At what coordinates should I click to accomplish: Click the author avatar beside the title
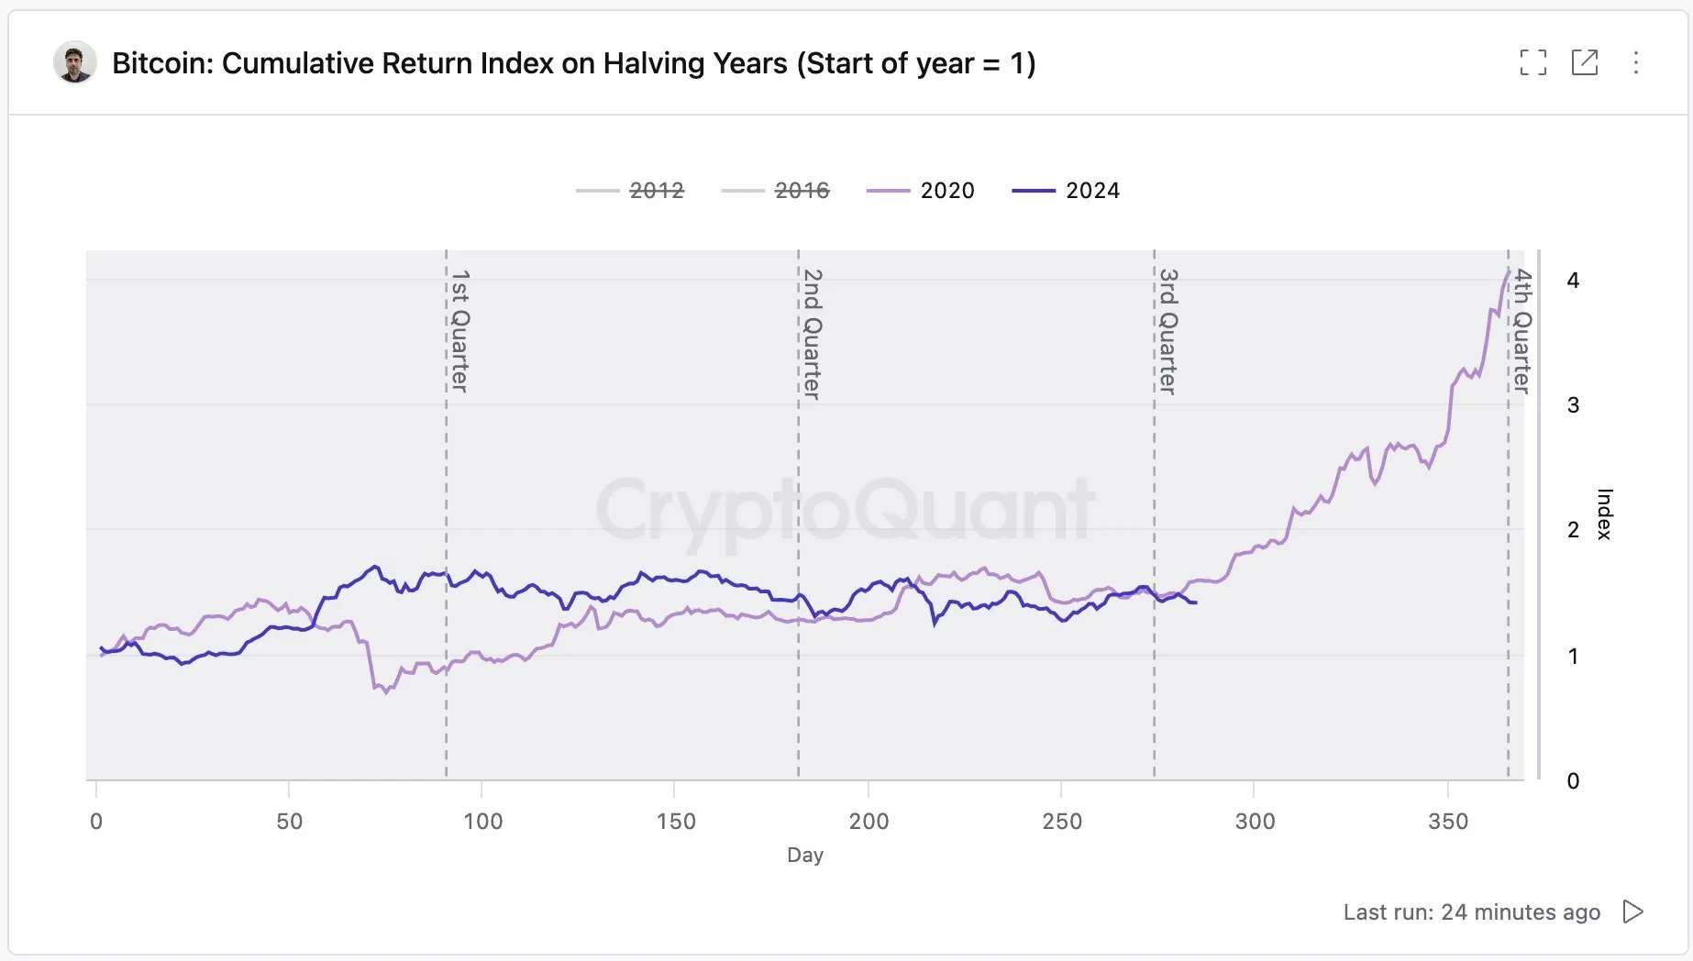click(x=75, y=62)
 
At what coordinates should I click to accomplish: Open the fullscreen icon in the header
click(x=1533, y=62)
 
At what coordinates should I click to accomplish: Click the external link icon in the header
click(x=1584, y=62)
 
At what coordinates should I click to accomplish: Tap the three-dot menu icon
click(x=1635, y=62)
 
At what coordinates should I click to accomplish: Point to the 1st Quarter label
click(x=460, y=330)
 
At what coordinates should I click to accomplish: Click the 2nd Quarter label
click(x=813, y=334)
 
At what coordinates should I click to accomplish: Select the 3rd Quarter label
click(x=1167, y=331)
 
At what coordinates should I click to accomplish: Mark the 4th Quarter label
click(x=1521, y=331)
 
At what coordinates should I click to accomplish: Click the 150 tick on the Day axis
click(x=676, y=822)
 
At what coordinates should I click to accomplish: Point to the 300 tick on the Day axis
click(x=1255, y=822)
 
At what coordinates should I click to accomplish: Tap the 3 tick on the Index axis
click(x=1573, y=405)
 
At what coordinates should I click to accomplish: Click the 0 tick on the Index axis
click(x=1573, y=781)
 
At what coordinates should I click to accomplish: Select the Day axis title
click(x=805, y=855)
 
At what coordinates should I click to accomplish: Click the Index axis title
click(x=1604, y=514)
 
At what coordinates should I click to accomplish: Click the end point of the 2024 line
click(x=1195, y=602)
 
